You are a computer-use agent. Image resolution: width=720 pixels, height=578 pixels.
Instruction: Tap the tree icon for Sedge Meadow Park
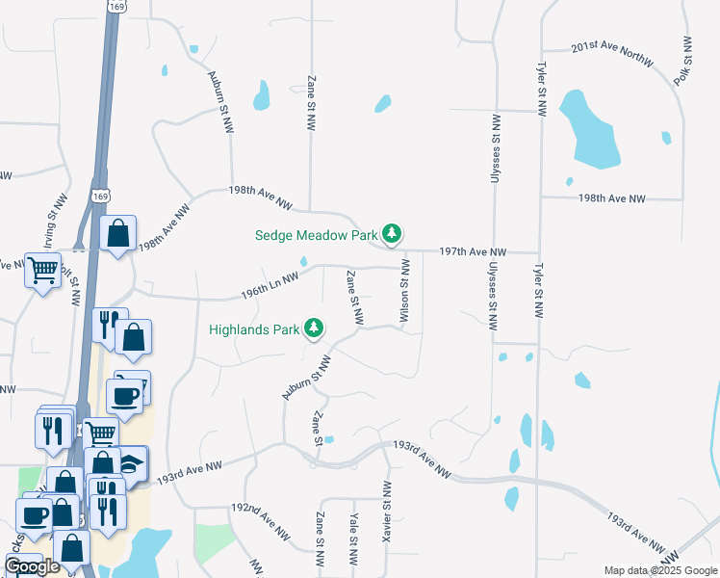pos(392,233)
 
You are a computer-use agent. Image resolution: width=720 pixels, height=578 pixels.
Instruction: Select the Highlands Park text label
pos(255,329)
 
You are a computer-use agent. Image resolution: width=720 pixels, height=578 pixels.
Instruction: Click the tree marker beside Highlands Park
pos(314,329)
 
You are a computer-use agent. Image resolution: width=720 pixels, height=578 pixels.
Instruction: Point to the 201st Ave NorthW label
pos(612,54)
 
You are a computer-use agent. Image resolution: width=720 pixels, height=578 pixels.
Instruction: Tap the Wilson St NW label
pos(404,290)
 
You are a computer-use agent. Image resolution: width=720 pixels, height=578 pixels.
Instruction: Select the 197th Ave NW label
pos(472,250)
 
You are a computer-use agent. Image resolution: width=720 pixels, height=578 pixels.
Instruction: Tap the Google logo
pos(33,566)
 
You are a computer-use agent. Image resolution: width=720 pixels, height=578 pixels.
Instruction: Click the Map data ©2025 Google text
pos(659,570)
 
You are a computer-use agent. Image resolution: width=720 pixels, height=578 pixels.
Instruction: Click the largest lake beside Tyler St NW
pos(584,130)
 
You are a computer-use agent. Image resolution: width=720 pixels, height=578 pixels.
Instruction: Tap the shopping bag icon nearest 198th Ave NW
pos(117,234)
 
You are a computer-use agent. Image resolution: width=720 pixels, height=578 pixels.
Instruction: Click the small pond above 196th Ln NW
pos(304,261)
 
